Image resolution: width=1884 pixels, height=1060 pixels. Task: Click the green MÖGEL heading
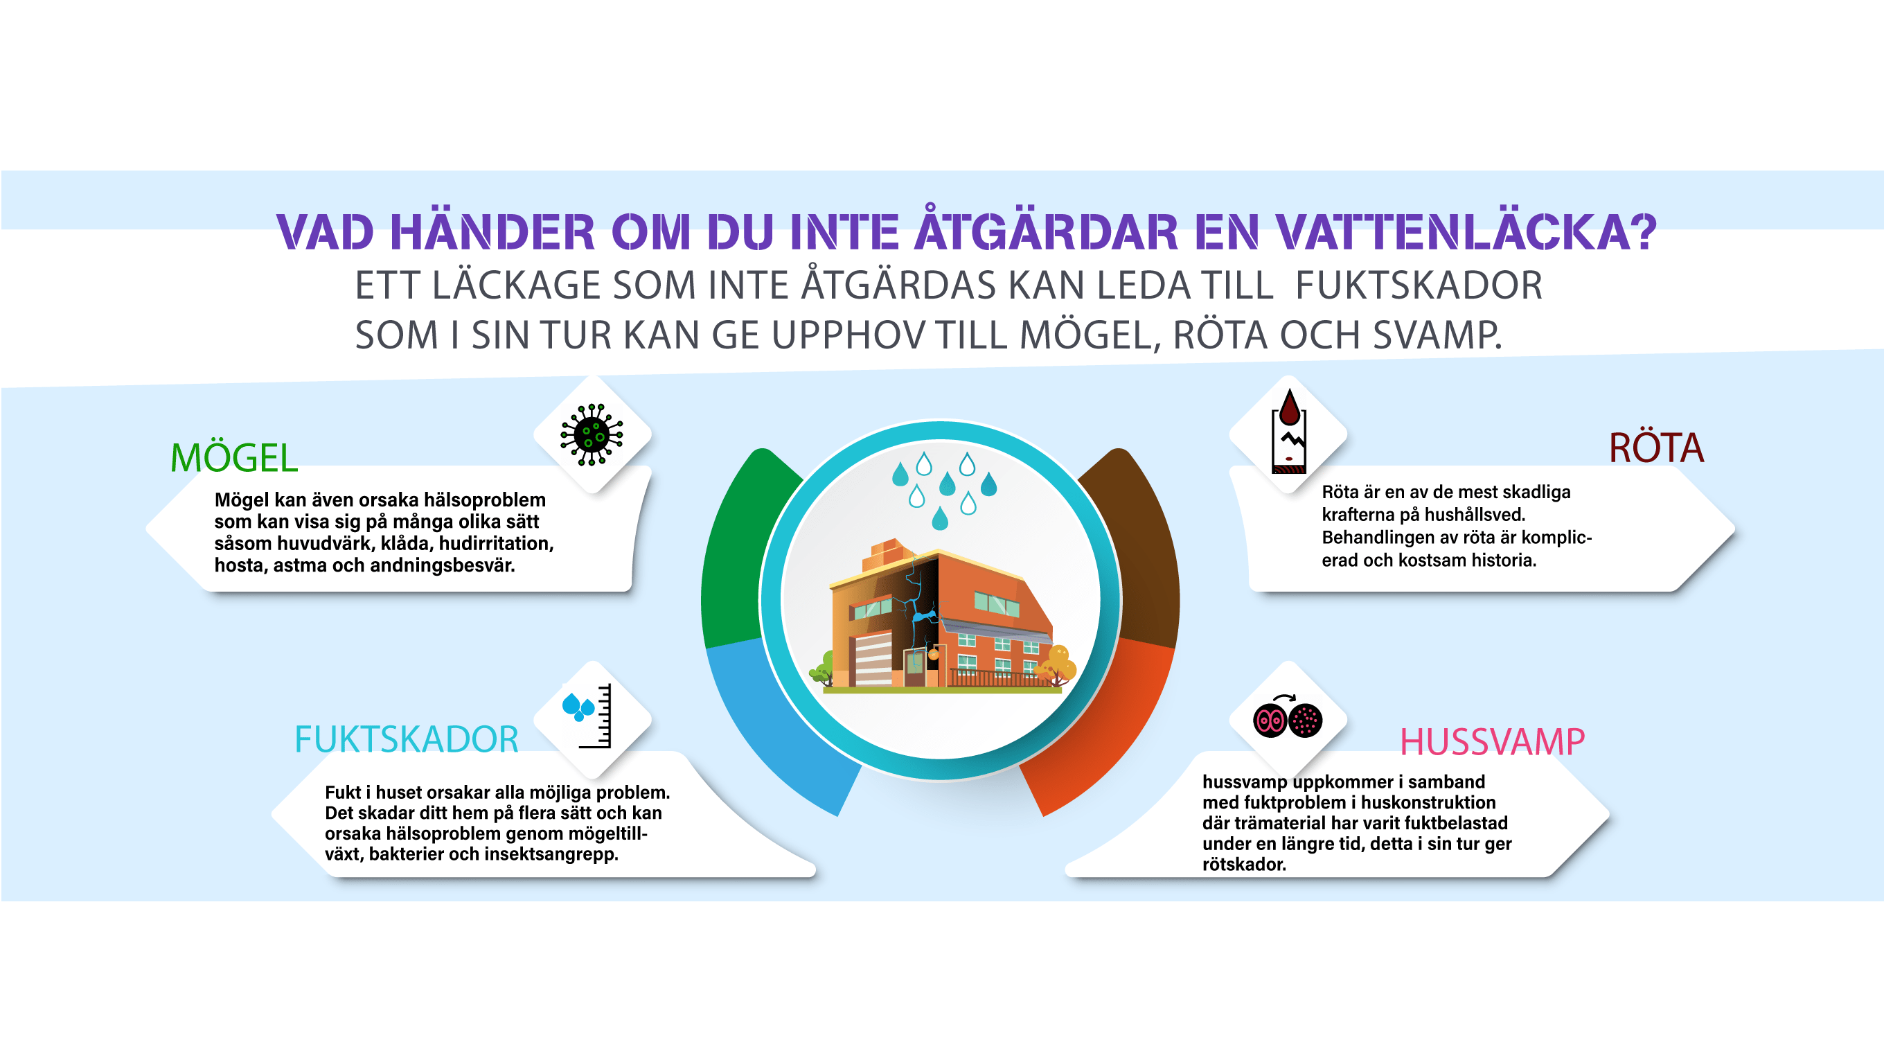point(234,458)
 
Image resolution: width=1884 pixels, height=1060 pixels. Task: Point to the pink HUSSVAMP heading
point(1492,742)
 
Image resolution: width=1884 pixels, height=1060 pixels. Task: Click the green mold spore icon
point(592,434)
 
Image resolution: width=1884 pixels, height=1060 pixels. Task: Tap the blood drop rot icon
point(1288,432)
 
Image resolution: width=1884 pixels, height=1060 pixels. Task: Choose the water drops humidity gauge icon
point(587,716)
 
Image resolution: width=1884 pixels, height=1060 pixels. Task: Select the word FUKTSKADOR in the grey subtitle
point(1419,285)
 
